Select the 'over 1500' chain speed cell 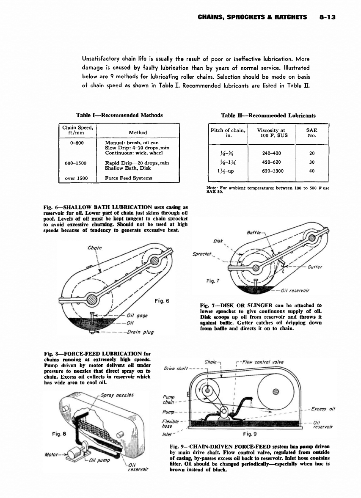[x=77, y=178]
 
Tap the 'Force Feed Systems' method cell [x=128, y=178]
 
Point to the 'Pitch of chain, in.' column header [x=228, y=133]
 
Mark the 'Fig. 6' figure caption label [x=162, y=301]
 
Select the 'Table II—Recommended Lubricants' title [x=268, y=115]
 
